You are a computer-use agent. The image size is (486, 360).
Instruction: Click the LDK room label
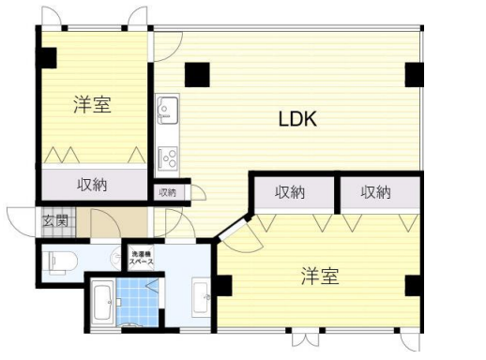pyautogui.click(x=297, y=119)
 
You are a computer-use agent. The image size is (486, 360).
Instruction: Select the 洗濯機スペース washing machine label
pyautogui.click(x=142, y=258)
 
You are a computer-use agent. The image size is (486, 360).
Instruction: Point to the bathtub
pyautogui.click(x=103, y=303)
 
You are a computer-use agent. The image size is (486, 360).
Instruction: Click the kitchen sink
pyautogui.click(x=168, y=107)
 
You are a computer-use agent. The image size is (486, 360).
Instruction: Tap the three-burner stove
pyautogui.click(x=168, y=157)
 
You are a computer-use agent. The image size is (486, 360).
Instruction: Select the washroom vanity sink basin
pyautogui.click(x=201, y=296)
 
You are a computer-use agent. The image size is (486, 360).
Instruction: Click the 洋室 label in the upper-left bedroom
pyautogui.click(x=93, y=105)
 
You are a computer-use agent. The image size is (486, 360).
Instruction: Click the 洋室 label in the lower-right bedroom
pyautogui.click(x=320, y=276)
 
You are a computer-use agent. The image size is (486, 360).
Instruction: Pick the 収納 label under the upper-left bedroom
pyautogui.click(x=92, y=185)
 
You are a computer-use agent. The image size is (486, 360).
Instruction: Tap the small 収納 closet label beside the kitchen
pyautogui.click(x=167, y=192)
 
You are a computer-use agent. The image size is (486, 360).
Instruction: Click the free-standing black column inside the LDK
pyautogui.click(x=197, y=75)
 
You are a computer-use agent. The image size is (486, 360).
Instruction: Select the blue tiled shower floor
pyautogui.click(x=138, y=302)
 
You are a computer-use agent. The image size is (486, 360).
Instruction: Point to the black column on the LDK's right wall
pyautogui.click(x=415, y=75)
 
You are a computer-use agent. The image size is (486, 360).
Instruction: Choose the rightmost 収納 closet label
pyautogui.click(x=375, y=192)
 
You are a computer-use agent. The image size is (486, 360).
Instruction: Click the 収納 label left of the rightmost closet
pyautogui.click(x=290, y=192)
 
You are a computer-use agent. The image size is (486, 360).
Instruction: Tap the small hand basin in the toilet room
pyautogui.click(x=116, y=258)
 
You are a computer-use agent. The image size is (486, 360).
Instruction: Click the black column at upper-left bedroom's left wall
pyautogui.click(x=47, y=58)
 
